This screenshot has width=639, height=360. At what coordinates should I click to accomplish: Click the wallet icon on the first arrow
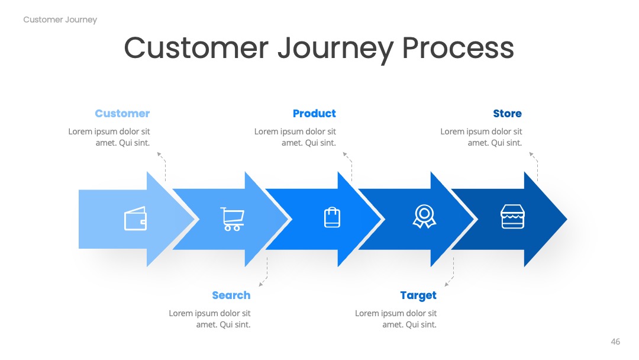pyautogui.click(x=135, y=218)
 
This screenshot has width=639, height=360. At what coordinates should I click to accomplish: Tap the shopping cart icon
pyautogui.click(x=233, y=219)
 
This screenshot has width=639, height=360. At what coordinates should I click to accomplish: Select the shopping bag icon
pyautogui.click(x=332, y=217)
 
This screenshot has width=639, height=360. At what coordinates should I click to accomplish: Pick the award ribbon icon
pyautogui.click(x=424, y=217)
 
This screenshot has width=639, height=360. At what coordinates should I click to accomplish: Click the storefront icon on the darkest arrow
pyautogui.click(x=512, y=217)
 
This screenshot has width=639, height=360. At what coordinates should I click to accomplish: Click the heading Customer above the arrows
pyautogui.click(x=122, y=113)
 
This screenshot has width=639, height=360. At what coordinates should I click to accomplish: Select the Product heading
pyautogui.click(x=314, y=113)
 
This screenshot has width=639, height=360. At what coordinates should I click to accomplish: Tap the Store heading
pyautogui.click(x=508, y=113)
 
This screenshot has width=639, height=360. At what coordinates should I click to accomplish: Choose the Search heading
pyautogui.click(x=231, y=295)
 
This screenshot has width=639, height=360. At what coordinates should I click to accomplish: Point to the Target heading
pyautogui.click(x=418, y=295)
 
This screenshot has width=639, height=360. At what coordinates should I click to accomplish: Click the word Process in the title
pyautogui.click(x=458, y=48)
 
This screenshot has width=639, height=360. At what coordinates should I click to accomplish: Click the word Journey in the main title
pyautogui.click(x=336, y=49)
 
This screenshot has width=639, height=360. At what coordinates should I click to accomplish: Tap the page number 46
pyautogui.click(x=615, y=342)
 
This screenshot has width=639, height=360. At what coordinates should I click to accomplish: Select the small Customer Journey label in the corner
pyautogui.click(x=60, y=20)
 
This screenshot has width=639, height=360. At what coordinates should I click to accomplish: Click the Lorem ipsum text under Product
pyautogui.click(x=295, y=137)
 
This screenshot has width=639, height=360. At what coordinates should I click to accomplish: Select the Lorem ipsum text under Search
pyautogui.click(x=209, y=319)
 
